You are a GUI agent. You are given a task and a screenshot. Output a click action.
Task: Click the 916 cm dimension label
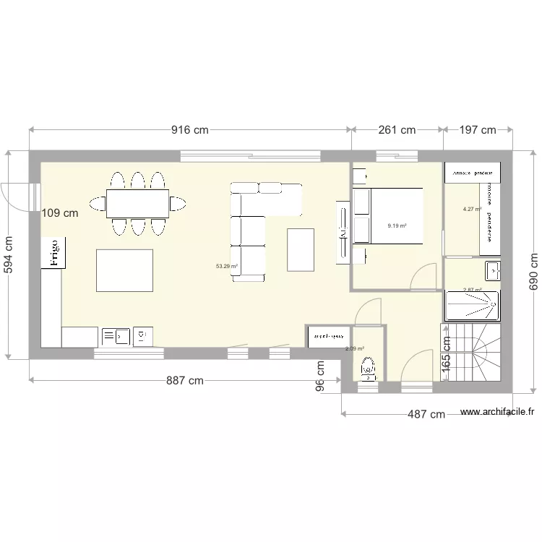(189, 130)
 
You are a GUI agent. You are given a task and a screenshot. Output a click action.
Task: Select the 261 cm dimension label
(397, 130)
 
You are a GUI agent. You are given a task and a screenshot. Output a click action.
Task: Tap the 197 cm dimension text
(478, 130)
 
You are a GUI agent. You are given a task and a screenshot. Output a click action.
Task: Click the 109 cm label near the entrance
(60, 213)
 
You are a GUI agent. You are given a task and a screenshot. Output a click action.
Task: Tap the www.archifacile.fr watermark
(497, 412)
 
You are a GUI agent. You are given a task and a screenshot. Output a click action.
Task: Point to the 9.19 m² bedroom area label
(397, 225)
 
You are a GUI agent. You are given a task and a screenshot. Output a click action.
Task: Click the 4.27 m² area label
(472, 210)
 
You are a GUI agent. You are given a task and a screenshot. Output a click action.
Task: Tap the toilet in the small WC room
(369, 369)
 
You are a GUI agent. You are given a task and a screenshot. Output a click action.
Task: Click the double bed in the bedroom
(387, 215)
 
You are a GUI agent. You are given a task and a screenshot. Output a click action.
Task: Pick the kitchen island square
(124, 270)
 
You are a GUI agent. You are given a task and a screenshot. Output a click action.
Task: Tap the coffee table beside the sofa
(301, 249)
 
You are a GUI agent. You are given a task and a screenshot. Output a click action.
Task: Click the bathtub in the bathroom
(472, 306)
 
